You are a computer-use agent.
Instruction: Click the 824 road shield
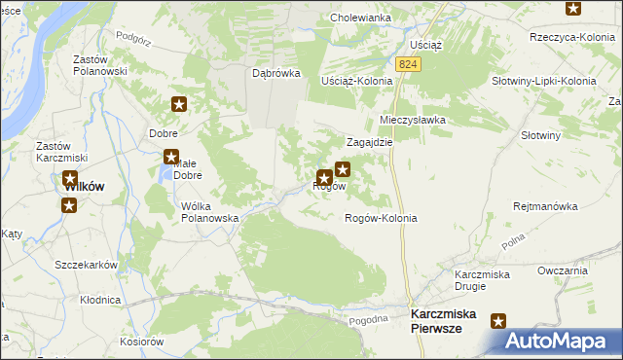(x=408, y=63)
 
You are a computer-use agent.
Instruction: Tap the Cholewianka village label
(x=359, y=18)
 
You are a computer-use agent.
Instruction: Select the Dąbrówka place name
(x=275, y=73)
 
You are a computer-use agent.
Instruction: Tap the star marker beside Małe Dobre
(x=171, y=157)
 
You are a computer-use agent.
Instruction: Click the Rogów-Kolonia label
(x=381, y=218)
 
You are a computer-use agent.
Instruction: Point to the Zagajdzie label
(x=369, y=141)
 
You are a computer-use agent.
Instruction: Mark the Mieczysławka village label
(x=412, y=120)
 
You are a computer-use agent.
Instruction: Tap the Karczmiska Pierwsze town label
(x=450, y=322)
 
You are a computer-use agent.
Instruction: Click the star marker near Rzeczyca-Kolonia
(x=572, y=9)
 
